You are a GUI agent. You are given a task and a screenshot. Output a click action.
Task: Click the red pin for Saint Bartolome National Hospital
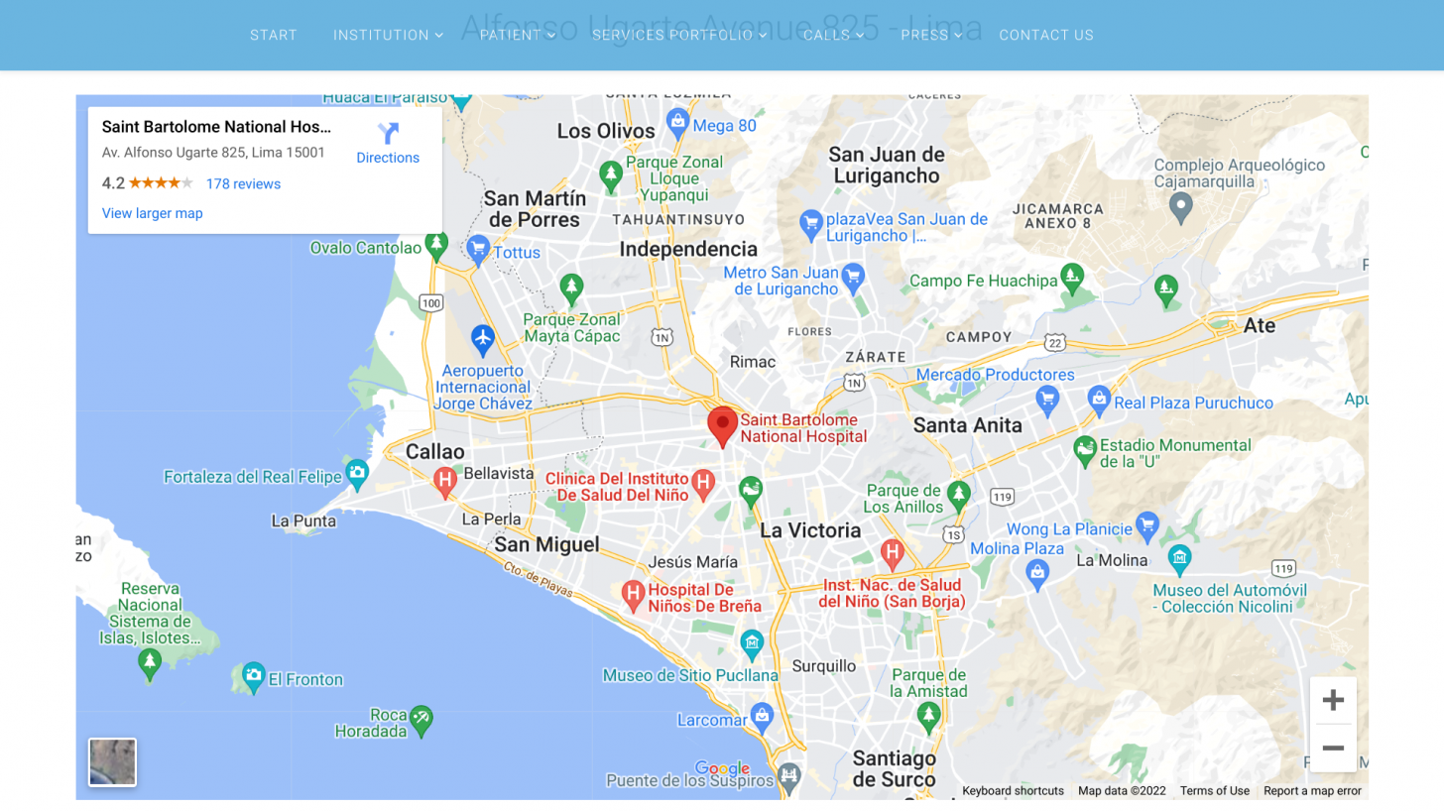pos(723,425)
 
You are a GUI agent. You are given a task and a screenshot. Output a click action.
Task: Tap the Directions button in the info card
pos(388,143)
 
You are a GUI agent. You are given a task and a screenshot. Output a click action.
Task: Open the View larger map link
pos(153,213)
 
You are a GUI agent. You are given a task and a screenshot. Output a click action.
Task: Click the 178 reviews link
pos(243,183)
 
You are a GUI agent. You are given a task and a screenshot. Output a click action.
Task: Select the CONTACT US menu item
pos(1046,35)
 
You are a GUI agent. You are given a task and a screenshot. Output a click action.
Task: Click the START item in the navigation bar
pos(274,35)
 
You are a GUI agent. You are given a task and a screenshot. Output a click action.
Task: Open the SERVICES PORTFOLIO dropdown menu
pos(679,35)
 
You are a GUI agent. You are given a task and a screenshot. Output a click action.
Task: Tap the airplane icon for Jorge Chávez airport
pos(483,339)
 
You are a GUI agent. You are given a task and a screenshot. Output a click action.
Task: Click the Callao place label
pos(435,451)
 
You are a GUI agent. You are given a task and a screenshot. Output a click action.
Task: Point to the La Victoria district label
pos(810,530)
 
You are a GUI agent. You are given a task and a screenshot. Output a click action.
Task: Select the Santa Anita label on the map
pos(967,425)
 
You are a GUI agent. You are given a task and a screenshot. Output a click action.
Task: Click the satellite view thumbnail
pos(112,761)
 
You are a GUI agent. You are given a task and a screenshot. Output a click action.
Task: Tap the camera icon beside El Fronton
pos(254,677)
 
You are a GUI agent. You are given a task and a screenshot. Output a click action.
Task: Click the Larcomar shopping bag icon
pos(762,714)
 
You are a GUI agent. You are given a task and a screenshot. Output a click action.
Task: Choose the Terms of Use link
pos(1214,790)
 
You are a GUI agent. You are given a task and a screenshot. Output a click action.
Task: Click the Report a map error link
pos(1312,790)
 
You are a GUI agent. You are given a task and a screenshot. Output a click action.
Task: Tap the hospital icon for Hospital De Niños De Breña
pos(633,596)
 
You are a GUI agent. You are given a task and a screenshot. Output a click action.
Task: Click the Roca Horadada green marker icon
pos(421,720)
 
